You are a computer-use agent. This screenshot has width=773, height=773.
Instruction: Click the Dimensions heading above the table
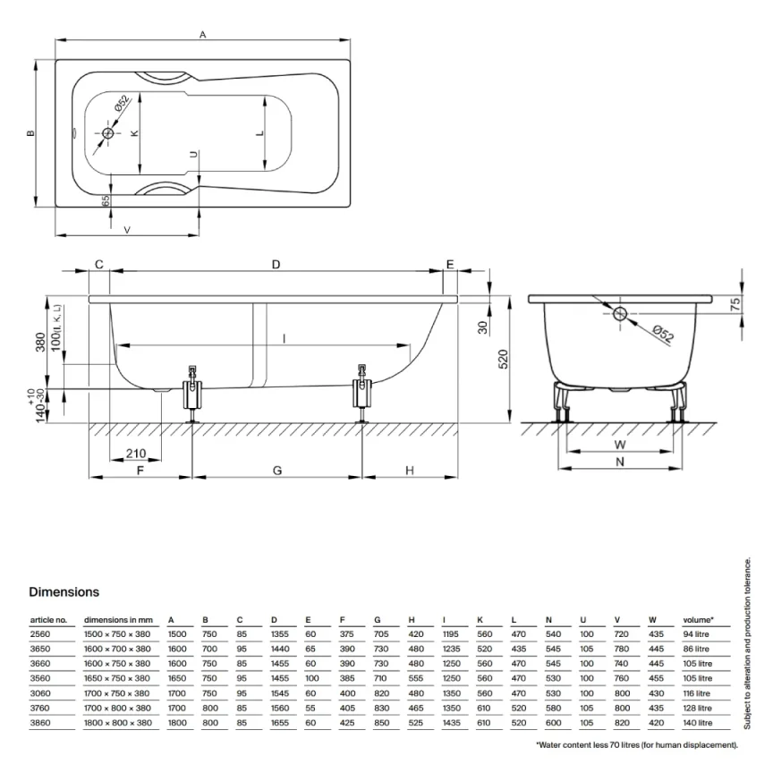click(64, 591)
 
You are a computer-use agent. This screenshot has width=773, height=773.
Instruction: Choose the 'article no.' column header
click(48, 618)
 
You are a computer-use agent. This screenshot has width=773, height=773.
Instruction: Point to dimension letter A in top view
click(203, 35)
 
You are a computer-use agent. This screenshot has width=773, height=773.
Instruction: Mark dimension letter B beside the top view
click(30, 134)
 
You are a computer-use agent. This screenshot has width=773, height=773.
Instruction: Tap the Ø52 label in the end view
click(662, 336)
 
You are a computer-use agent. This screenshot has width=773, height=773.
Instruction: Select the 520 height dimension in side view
click(504, 358)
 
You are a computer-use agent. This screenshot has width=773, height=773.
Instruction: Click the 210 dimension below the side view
click(136, 453)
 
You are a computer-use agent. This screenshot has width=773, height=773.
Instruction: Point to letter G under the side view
click(276, 470)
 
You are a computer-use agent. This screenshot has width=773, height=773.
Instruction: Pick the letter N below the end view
click(619, 462)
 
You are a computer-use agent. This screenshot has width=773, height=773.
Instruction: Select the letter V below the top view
click(127, 230)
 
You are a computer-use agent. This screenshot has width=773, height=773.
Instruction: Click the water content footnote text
click(636, 744)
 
